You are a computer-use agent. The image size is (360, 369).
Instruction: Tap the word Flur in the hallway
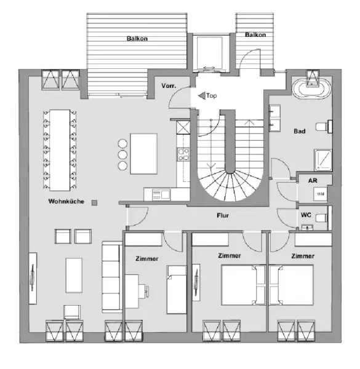[x=223, y=216]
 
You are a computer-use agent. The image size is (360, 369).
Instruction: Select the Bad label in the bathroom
[x=300, y=131]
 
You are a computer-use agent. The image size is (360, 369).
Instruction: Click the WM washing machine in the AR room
[x=320, y=194]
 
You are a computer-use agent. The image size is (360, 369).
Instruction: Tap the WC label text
[x=305, y=216]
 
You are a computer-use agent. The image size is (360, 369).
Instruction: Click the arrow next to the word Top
[x=201, y=96]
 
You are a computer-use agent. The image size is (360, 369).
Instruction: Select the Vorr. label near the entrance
[x=169, y=85]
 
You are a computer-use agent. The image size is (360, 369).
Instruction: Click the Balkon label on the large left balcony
[x=137, y=38]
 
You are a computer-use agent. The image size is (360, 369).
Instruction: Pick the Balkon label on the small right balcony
[x=255, y=35]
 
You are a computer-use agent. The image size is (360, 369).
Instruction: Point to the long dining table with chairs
[x=60, y=149]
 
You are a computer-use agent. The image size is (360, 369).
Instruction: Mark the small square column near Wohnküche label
[x=94, y=202]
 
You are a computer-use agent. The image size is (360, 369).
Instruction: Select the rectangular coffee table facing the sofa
[x=73, y=275]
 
